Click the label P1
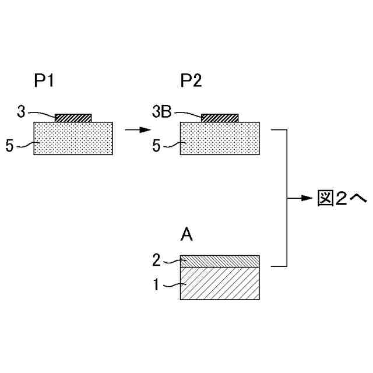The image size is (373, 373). tap(44, 82)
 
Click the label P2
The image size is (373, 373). tap(191, 82)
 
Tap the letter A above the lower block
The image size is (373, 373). tap(186, 235)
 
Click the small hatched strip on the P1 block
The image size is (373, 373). tap(73, 118)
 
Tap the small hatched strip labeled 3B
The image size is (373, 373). tap(220, 118)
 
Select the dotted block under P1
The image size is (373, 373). tap(73, 138)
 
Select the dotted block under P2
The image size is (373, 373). tap(220, 138)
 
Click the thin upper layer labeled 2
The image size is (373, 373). tap(220, 261)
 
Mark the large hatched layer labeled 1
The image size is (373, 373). tap(220, 283)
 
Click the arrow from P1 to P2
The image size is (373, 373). tap(133, 129)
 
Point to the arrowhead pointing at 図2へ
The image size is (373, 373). tap(309, 198)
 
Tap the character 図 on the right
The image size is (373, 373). tap(326, 198)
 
